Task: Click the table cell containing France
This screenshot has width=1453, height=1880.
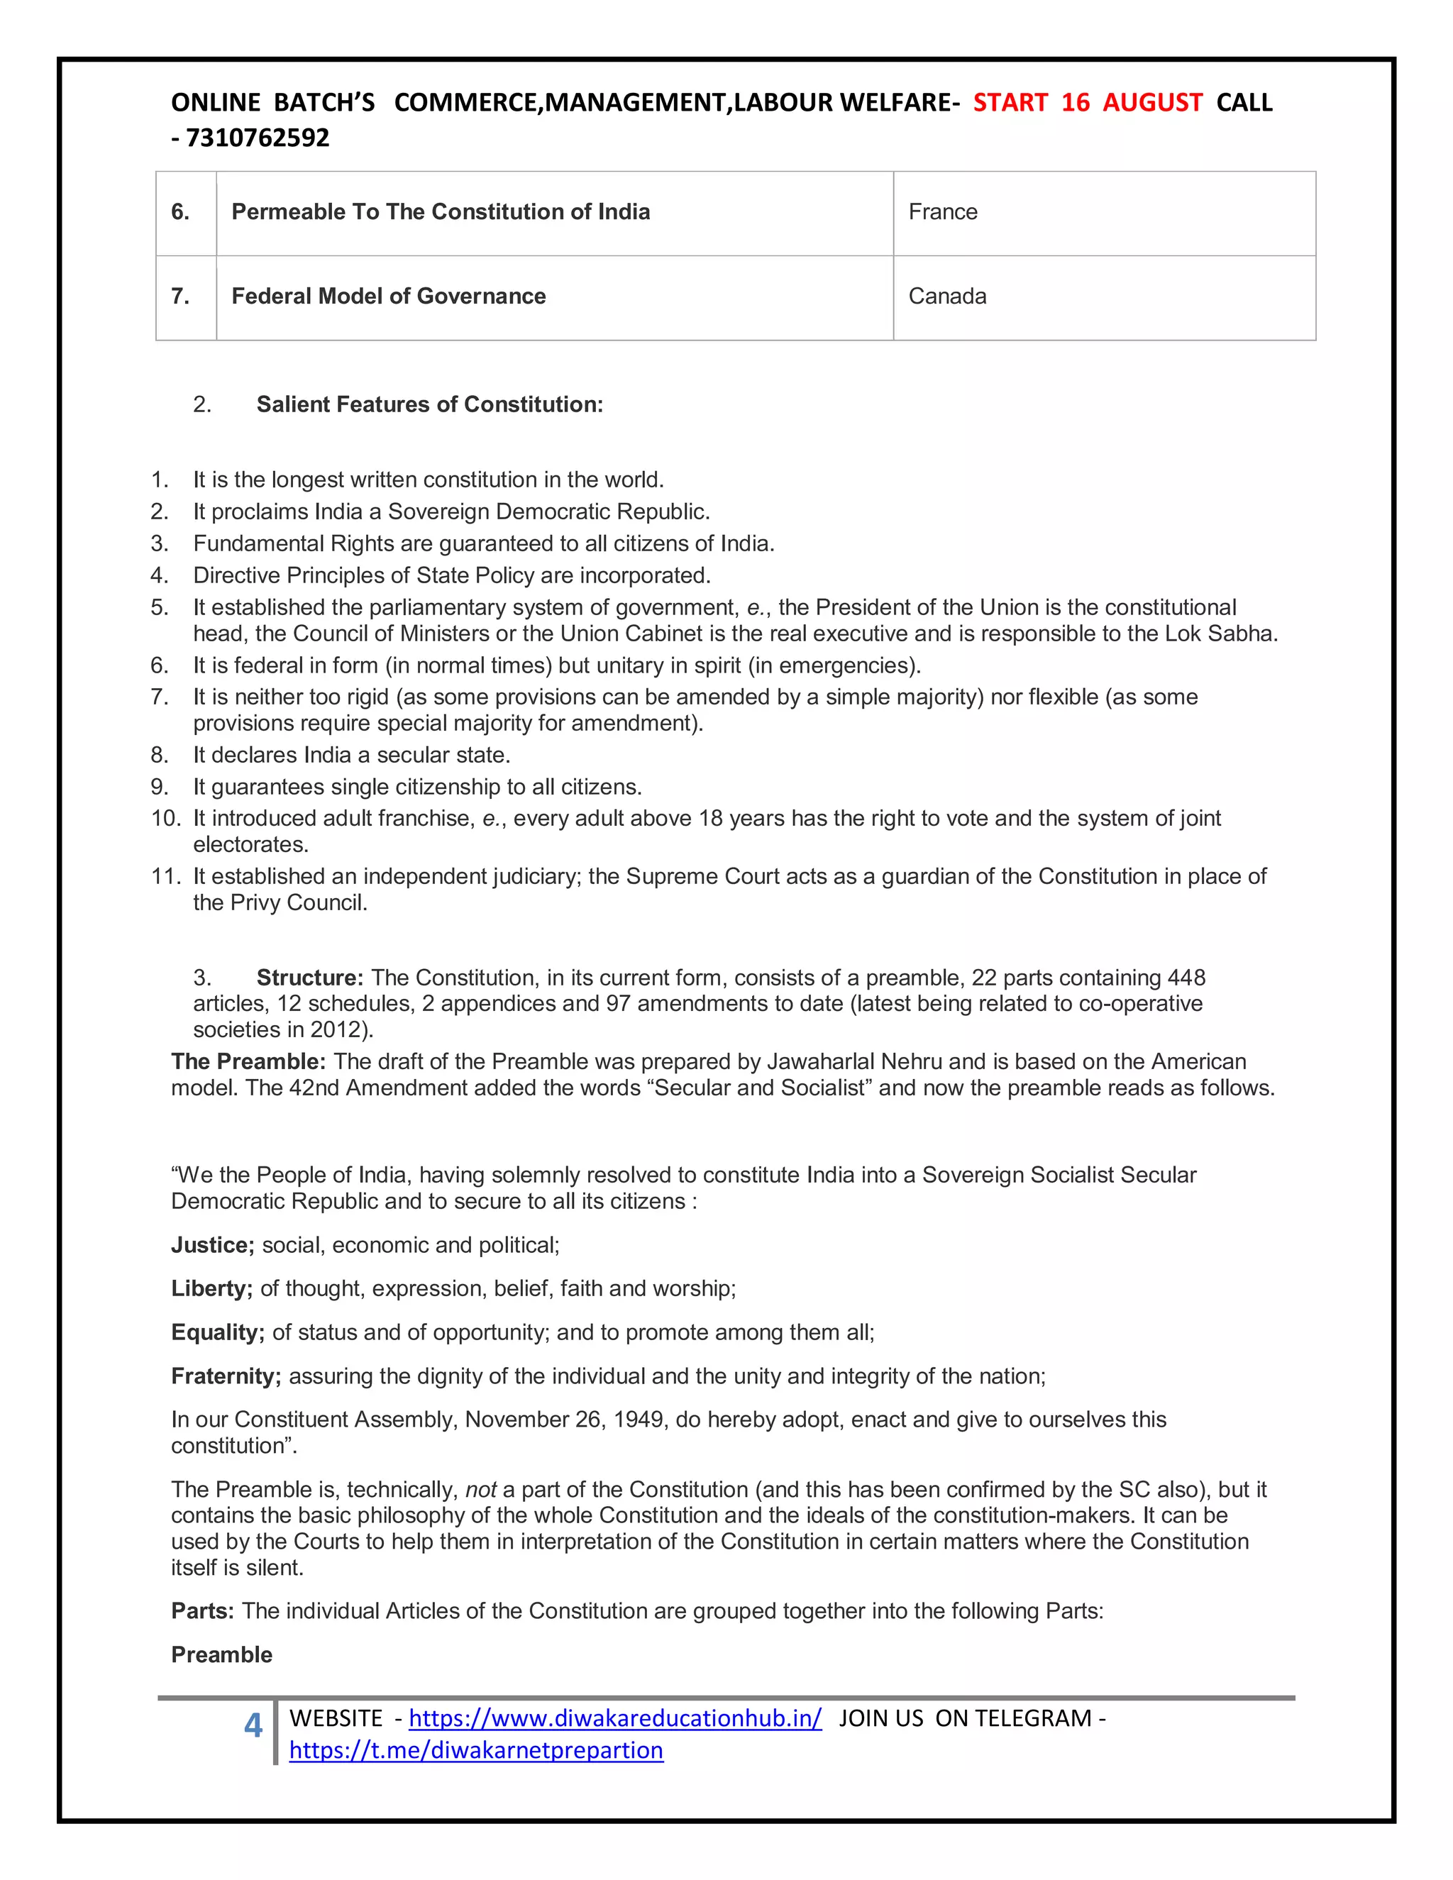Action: point(1103,213)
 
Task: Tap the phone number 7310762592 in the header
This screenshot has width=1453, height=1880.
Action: point(258,138)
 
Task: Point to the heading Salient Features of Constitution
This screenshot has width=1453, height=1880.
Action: point(429,404)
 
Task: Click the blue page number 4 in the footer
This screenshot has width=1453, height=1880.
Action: point(253,1725)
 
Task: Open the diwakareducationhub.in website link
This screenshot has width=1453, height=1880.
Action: point(614,1718)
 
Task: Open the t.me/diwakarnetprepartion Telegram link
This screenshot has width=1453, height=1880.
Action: point(476,1750)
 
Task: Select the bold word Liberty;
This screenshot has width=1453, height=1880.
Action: point(211,1288)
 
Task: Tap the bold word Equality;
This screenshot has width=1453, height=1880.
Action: point(218,1332)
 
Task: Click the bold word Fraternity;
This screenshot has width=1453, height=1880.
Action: point(226,1376)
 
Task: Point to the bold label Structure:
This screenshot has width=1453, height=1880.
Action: point(310,978)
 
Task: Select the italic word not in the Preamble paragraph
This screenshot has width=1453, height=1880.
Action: point(480,1490)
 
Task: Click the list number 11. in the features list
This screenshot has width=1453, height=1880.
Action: point(165,876)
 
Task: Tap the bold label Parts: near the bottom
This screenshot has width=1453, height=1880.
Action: point(202,1611)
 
